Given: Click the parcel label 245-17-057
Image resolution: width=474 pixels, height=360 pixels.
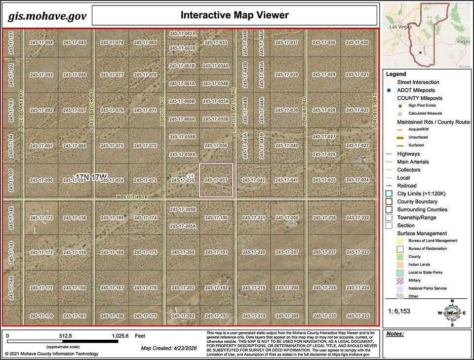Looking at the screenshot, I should [x=216, y=180].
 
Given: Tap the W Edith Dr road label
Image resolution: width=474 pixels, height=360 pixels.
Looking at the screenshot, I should [x=133, y=197].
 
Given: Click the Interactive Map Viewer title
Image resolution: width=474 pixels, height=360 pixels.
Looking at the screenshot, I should [x=235, y=15].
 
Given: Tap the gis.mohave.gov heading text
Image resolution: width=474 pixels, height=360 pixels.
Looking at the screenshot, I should [x=47, y=16].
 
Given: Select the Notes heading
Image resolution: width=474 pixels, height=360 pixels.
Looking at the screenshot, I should [x=395, y=334].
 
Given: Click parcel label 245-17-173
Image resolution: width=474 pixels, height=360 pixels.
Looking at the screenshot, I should [x=41, y=218].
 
